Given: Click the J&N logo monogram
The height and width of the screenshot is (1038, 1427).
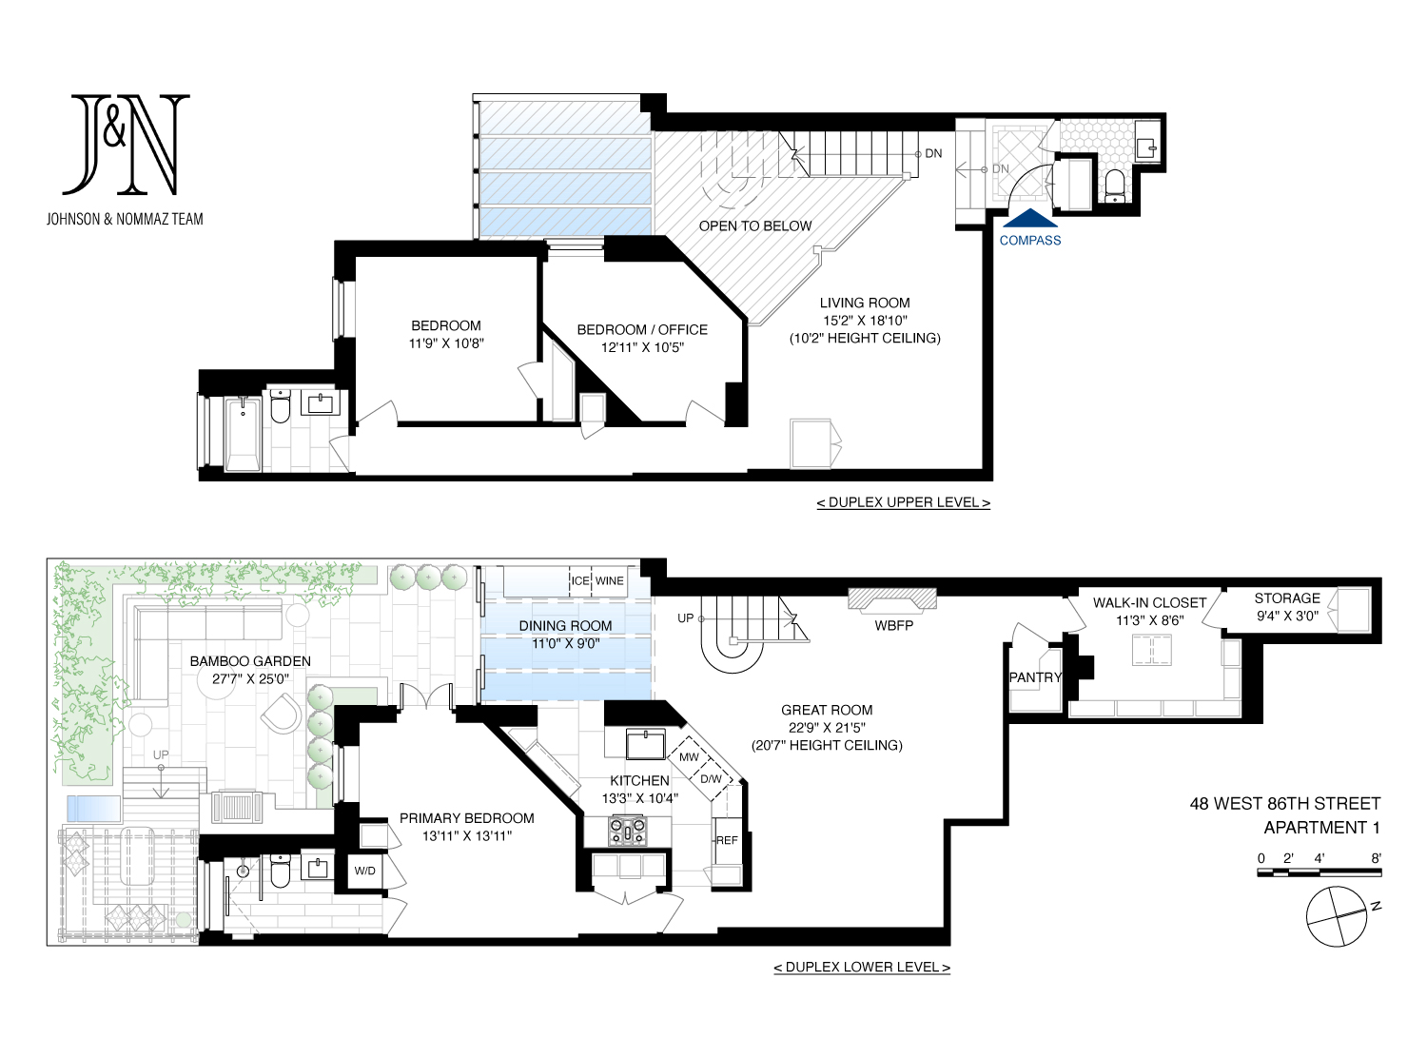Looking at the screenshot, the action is (x=126, y=145).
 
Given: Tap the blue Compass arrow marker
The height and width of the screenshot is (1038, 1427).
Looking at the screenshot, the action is (x=1030, y=218).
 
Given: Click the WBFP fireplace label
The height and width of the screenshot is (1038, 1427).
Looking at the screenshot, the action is (x=893, y=626).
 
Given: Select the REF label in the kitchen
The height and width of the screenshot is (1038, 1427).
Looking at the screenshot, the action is (x=726, y=840).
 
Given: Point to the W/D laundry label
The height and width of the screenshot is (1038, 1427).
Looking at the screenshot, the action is (x=365, y=872).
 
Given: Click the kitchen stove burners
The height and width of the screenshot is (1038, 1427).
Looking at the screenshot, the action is (x=628, y=832).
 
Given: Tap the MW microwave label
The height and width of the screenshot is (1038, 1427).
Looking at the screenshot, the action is (x=689, y=757).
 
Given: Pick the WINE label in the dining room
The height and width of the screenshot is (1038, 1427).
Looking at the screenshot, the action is (x=610, y=581).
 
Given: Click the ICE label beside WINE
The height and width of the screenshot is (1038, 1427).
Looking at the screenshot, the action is (x=580, y=581).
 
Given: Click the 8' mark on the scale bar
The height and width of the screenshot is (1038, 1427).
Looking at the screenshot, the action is (x=1376, y=858).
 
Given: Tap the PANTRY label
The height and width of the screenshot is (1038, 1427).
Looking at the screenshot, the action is (x=1035, y=677).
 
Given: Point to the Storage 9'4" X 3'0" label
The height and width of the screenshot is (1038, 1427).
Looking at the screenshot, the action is (x=1287, y=607).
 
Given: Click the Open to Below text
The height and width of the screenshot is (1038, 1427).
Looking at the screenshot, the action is (x=755, y=226).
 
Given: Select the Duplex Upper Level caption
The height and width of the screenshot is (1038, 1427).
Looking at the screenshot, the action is (x=904, y=502).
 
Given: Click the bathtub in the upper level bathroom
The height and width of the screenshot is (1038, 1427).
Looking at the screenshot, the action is (x=243, y=434).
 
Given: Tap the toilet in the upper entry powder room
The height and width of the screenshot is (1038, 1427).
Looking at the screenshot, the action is (x=1115, y=185).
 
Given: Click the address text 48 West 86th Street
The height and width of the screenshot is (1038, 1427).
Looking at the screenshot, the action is (x=1285, y=804).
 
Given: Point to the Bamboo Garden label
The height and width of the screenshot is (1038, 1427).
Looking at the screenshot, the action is (x=250, y=661).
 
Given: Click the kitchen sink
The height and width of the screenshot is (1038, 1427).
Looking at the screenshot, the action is (x=645, y=744).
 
